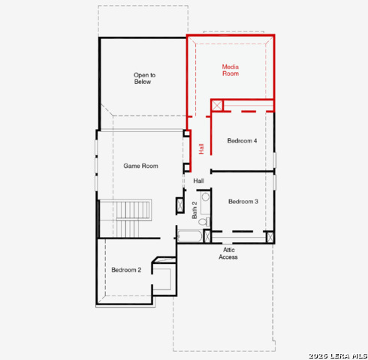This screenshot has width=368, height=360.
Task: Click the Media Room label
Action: click(x=231, y=70)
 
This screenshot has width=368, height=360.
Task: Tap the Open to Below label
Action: click(x=144, y=79)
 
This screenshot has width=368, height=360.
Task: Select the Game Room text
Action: click(x=140, y=166)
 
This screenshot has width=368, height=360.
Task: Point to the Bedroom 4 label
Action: click(x=242, y=141)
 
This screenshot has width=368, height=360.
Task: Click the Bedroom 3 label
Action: click(x=243, y=202)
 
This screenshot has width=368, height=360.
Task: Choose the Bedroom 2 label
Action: click(x=126, y=270)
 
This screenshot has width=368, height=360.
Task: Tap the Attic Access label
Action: click(x=228, y=253)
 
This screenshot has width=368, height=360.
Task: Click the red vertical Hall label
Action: click(x=201, y=148)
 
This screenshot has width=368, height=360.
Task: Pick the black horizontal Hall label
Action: click(x=198, y=181)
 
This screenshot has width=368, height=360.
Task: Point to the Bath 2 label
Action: click(x=195, y=210)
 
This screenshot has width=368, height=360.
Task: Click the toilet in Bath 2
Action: click(x=204, y=221)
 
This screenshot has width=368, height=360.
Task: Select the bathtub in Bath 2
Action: click(x=190, y=235)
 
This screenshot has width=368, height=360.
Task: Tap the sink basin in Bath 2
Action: click(x=206, y=196)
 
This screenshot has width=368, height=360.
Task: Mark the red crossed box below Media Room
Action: click(x=217, y=105)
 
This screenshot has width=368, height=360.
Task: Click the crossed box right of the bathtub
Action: click(x=207, y=236)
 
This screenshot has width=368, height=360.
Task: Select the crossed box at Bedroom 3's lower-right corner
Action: click(x=270, y=237)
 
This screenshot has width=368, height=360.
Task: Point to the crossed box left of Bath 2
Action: click(x=180, y=205)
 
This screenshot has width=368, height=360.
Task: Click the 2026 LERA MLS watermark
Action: click(x=338, y=355)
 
